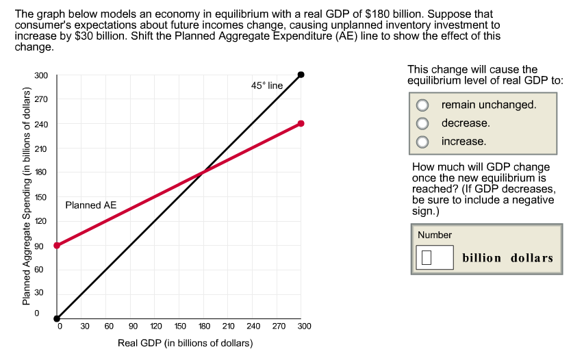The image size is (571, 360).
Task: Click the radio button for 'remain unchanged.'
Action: point(424,105)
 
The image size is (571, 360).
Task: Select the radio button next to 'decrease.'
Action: point(424,123)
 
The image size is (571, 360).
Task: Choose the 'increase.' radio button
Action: point(424,142)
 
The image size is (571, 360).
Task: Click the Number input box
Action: point(434,258)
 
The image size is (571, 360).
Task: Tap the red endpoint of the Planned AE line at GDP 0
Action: point(57,245)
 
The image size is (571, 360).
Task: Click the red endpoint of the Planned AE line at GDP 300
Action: point(301,123)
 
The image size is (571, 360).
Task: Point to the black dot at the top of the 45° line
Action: point(301,75)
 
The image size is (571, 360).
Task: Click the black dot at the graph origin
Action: point(57,318)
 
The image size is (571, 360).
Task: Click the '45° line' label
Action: point(266,86)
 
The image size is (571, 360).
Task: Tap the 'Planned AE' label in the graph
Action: point(91,205)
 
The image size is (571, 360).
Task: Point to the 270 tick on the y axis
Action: point(40,99)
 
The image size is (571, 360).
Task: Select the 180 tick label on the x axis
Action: point(203,326)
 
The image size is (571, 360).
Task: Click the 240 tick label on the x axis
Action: point(253,326)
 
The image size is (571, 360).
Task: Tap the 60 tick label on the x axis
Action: point(108,326)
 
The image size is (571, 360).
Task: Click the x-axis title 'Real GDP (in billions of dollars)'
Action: point(185,343)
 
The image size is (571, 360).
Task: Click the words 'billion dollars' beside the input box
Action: point(507,258)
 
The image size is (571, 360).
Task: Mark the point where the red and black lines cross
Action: point(203,172)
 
